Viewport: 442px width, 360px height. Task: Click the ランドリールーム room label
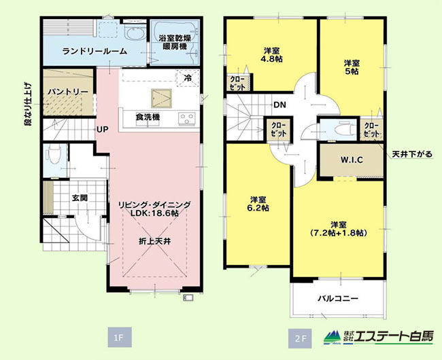(95, 52)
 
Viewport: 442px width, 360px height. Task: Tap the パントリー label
(67, 92)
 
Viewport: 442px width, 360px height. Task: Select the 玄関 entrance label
(80, 198)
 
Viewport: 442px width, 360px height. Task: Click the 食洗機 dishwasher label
(148, 117)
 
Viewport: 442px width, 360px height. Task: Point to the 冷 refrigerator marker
(188, 78)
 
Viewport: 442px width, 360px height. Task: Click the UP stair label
(103, 130)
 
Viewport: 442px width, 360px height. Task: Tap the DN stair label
(280, 105)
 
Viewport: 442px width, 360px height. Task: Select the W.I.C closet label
(352, 160)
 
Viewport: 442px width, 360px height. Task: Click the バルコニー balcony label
(338, 298)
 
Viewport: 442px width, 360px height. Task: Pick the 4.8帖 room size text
(272, 59)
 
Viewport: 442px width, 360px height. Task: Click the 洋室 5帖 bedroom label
(352, 67)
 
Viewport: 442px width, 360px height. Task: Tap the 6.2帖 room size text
(258, 208)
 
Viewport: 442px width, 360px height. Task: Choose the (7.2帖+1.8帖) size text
(338, 233)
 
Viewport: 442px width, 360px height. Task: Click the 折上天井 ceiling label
(155, 241)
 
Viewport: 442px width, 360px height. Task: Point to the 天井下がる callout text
(412, 154)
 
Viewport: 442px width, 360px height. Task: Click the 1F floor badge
(120, 338)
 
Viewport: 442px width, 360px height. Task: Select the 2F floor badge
(300, 338)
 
